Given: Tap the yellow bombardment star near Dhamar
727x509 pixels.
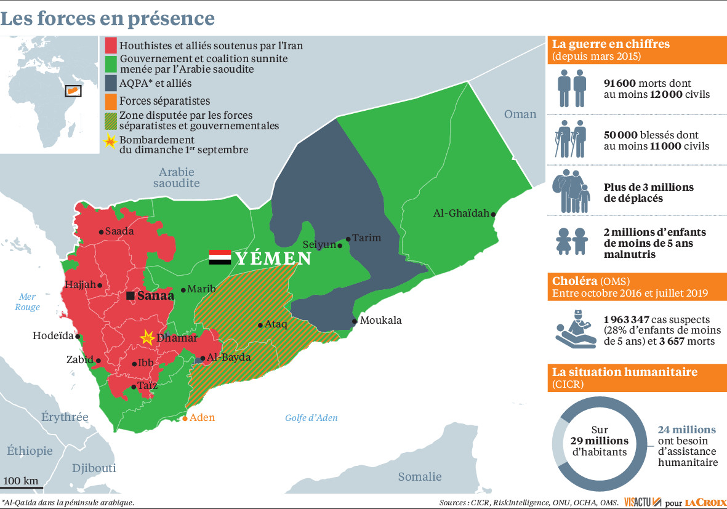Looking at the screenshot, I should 147,337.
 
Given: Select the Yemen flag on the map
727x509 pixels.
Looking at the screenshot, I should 220,257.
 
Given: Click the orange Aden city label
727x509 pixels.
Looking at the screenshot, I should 202,418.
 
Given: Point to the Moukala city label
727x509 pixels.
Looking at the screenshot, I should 380,321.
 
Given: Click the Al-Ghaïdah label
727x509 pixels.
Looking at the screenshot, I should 461,214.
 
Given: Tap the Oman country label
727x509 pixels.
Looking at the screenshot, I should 520,114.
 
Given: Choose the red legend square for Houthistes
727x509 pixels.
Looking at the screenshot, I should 110,46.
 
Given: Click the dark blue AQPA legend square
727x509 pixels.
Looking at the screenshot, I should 110,82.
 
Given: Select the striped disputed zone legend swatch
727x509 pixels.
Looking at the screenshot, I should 110,119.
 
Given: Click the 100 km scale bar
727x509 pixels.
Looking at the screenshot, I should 22,487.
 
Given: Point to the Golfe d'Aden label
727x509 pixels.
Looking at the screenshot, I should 311,418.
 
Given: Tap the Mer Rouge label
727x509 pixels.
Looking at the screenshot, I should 28,302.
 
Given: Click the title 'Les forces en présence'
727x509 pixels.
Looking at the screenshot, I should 108,18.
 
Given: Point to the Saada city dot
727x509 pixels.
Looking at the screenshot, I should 102,232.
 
